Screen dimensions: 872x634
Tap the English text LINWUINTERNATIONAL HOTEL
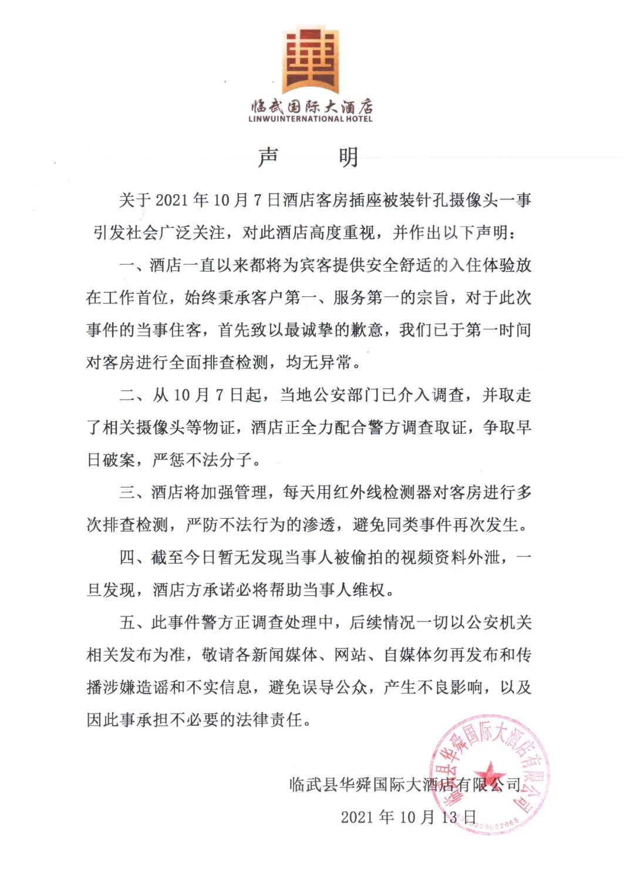pos(311,119)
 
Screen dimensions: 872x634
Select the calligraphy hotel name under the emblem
pos(312,106)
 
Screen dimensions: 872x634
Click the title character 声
pos(268,157)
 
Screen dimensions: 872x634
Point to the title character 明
pos(349,157)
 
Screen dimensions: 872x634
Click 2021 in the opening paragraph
pos(173,201)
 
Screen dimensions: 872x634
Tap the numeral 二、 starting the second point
pos(135,395)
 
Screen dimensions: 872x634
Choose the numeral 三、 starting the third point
pos(135,492)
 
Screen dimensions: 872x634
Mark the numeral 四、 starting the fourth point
pos(135,557)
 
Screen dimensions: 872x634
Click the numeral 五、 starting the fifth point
pos(135,622)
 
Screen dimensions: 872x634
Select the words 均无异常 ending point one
pos(319,363)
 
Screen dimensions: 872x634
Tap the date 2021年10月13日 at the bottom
pos(409,817)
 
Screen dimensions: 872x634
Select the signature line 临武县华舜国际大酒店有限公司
pos(405,785)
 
